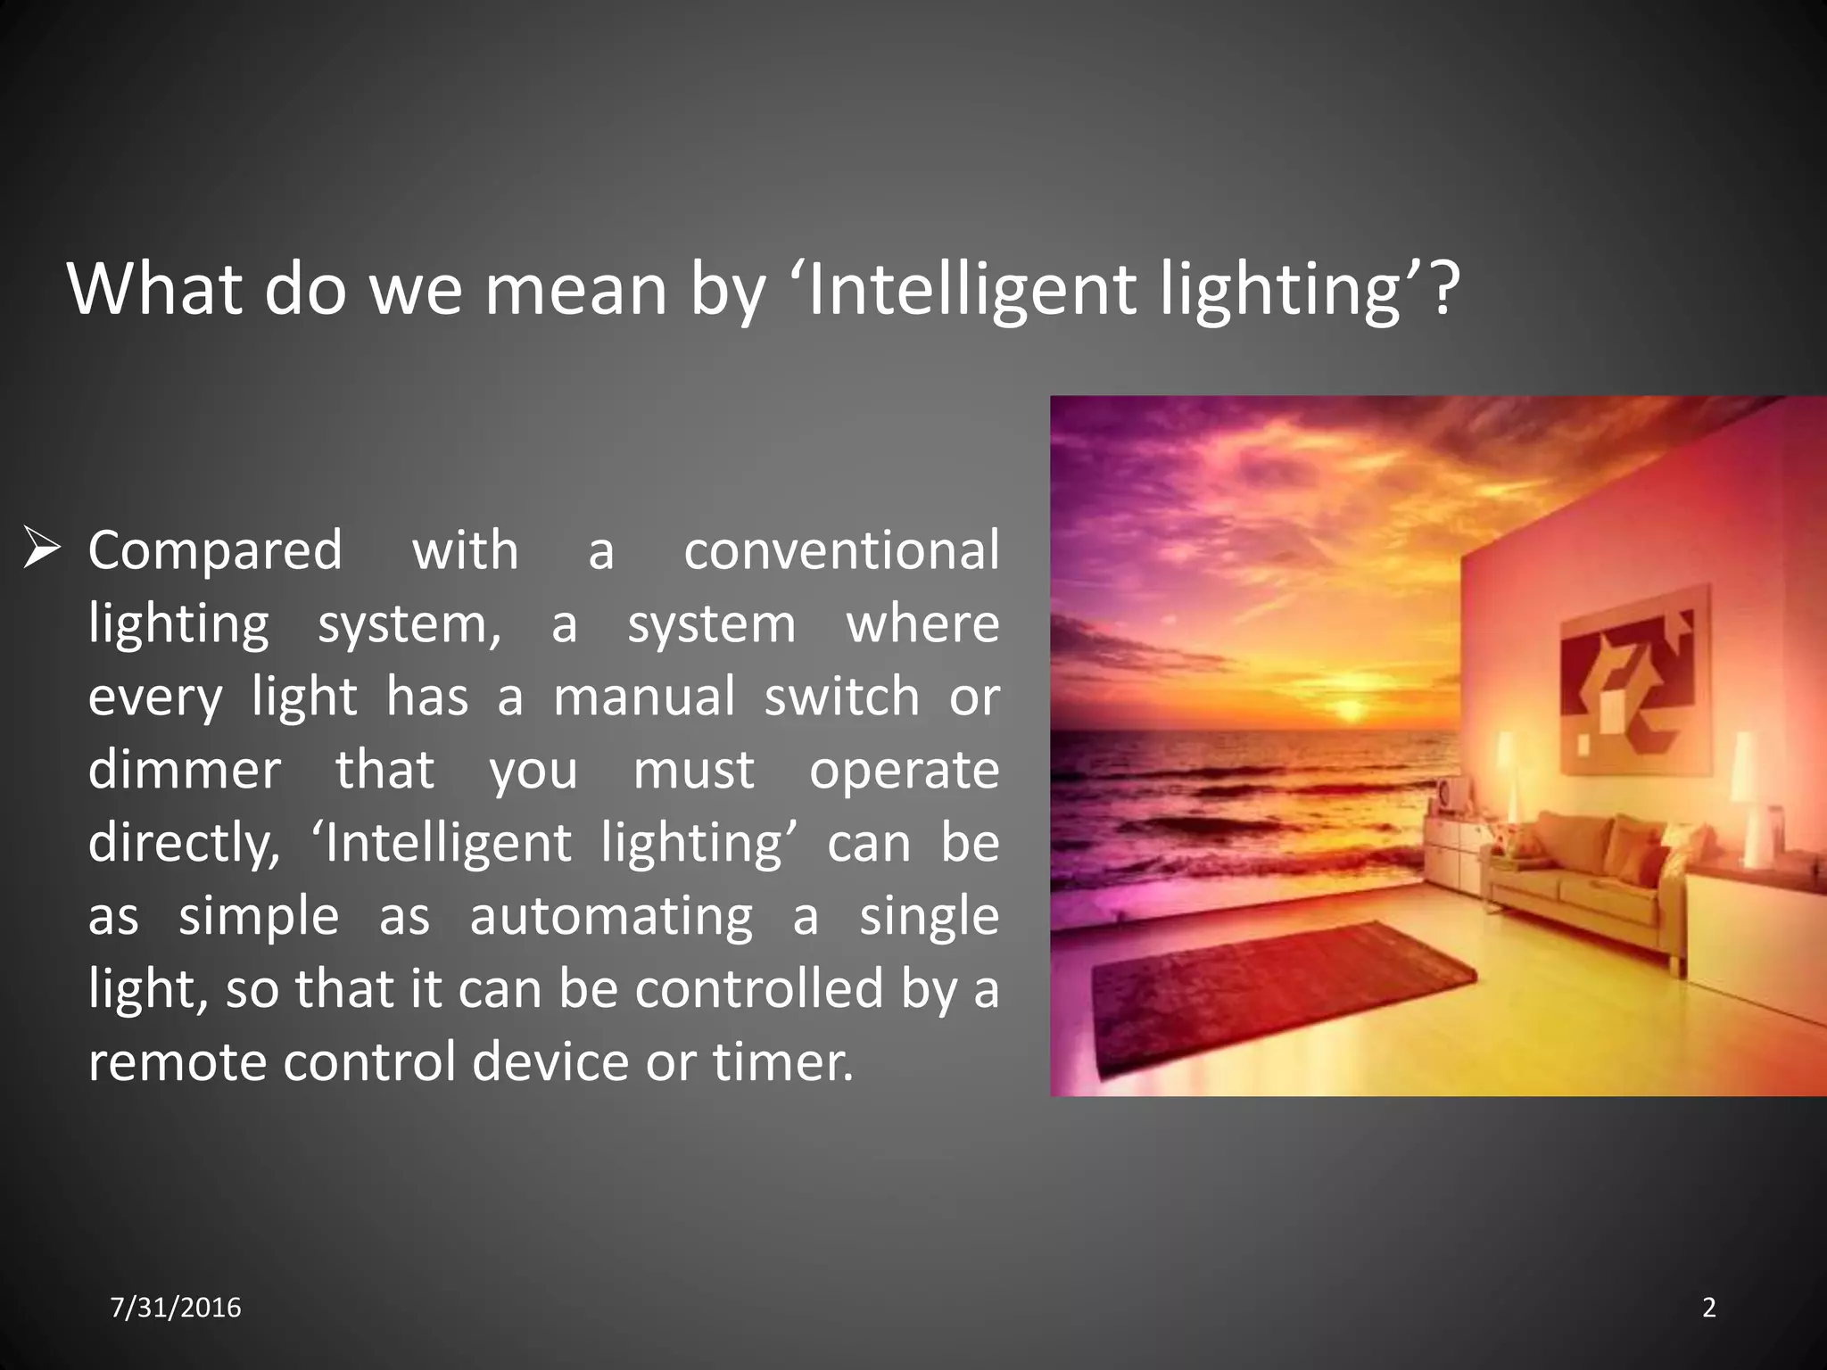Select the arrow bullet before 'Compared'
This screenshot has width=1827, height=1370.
coord(41,548)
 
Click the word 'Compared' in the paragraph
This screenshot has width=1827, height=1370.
coord(215,550)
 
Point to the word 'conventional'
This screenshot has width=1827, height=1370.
coord(841,550)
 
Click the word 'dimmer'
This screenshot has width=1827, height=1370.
coord(184,770)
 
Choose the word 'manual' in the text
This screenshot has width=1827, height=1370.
coord(644,697)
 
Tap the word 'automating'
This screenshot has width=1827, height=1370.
coord(611,916)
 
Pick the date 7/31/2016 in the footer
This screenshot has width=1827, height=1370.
coord(176,1308)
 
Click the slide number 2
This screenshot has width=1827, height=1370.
coord(1708,1308)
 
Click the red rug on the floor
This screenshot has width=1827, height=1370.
coord(1276,994)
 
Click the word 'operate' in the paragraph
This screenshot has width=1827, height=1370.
coord(904,772)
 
